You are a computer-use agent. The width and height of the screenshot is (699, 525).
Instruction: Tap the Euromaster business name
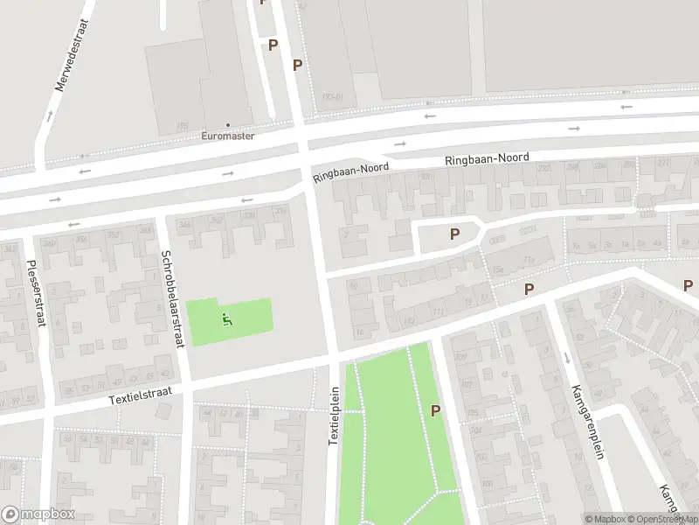click(228, 136)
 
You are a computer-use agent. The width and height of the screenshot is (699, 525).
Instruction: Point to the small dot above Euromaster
click(228, 125)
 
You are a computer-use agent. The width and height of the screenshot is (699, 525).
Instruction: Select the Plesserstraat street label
click(34, 294)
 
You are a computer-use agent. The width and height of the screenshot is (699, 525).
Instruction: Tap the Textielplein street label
click(333, 416)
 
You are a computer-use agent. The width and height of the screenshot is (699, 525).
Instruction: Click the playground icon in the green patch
click(228, 319)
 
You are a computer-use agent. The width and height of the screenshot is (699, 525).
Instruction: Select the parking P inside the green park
click(435, 409)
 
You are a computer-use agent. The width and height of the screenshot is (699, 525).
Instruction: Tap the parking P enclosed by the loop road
click(454, 234)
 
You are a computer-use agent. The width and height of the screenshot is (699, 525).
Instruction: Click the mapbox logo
click(38, 514)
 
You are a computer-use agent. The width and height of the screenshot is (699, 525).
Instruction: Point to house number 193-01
click(331, 97)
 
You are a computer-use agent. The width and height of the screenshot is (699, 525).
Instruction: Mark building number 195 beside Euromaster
click(183, 126)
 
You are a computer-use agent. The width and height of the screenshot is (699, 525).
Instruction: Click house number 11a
click(529, 261)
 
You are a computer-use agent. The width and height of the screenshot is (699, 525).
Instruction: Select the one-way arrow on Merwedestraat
click(49, 114)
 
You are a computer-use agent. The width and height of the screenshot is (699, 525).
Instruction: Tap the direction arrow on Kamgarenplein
click(566, 357)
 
